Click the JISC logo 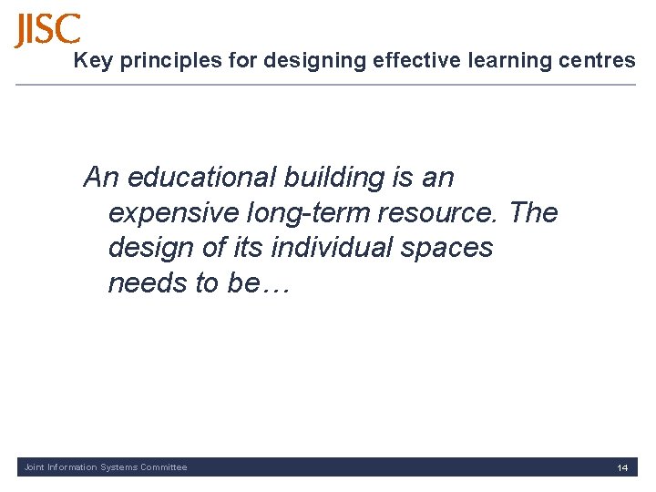point(47,30)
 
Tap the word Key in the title point(89,61)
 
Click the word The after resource point(534,212)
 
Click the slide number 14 point(622,467)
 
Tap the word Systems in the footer point(118,467)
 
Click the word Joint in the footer point(34,467)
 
